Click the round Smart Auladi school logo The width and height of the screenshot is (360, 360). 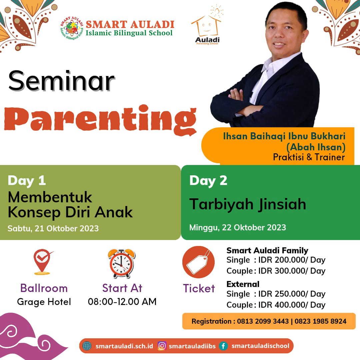(72, 28)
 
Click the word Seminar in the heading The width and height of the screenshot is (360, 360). (61, 81)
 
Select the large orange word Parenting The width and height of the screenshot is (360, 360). (101, 120)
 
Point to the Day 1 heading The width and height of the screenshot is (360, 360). (27, 181)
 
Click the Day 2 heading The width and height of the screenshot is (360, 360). (208, 181)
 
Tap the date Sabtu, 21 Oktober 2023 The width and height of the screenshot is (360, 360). (53, 228)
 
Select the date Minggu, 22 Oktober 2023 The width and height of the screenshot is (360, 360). (238, 228)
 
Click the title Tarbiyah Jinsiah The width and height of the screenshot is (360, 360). (247, 204)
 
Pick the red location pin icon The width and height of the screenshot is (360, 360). (42, 262)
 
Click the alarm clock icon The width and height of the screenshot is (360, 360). (122, 264)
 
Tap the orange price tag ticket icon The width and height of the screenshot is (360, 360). (198, 262)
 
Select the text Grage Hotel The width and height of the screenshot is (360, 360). (44, 302)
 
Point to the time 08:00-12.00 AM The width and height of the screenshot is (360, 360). (122, 302)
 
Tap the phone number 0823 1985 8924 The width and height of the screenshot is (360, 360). (321, 321)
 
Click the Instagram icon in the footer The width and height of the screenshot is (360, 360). (162, 346)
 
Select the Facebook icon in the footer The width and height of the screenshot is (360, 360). (223, 346)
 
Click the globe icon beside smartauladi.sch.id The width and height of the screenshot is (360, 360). (87, 346)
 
